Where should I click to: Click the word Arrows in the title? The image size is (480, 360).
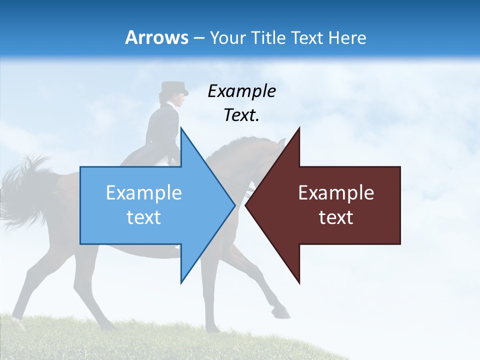point(156,37)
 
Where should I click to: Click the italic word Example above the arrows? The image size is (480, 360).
point(241,91)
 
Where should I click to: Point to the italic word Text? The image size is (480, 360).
point(241,115)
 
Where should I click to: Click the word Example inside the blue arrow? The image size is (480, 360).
point(144,192)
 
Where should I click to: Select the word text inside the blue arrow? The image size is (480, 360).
point(144,217)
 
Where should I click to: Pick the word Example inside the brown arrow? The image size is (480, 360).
point(336,192)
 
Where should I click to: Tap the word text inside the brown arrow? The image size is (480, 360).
point(336,217)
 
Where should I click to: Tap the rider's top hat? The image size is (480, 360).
point(173,88)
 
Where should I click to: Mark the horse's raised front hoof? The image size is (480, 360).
point(282,313)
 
